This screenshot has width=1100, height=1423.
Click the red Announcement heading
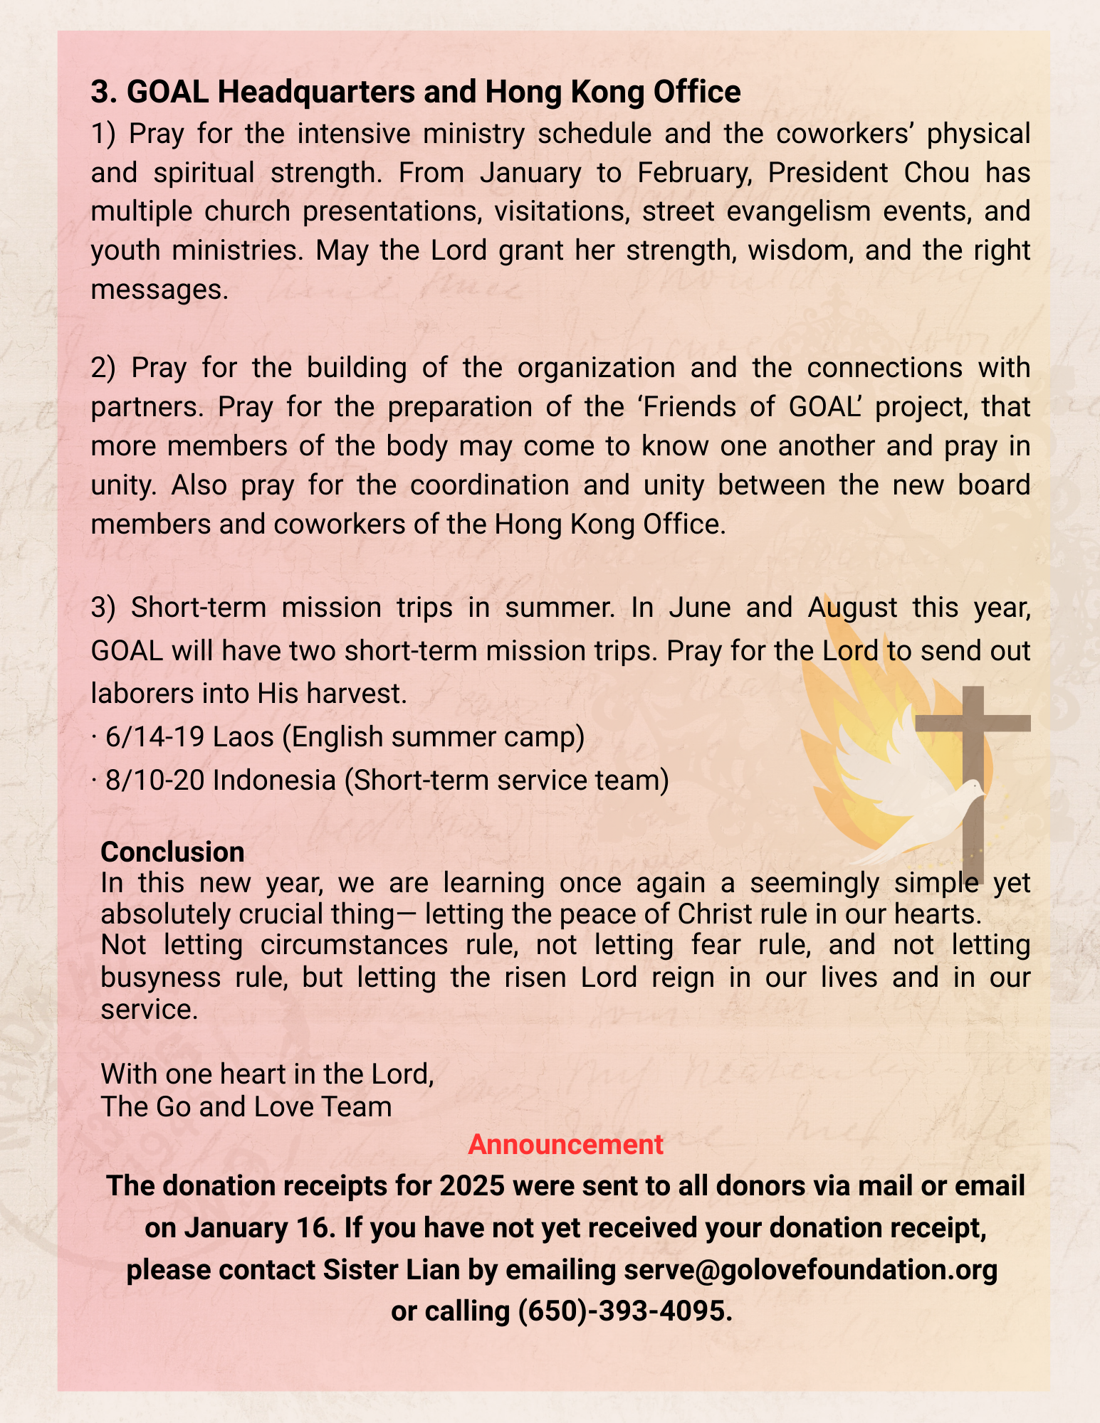click(565, 1145)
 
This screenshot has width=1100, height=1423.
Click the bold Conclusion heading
click(172, 852)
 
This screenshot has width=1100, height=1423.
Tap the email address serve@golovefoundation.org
click(810, 1270)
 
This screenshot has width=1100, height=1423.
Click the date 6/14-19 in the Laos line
click(154, 737)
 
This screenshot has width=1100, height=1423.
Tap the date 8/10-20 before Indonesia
click(154, 781)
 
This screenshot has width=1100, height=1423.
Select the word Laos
click(243, 737)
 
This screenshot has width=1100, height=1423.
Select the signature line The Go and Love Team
click(246, 1106)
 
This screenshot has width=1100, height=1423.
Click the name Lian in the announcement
click(433, 1270)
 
